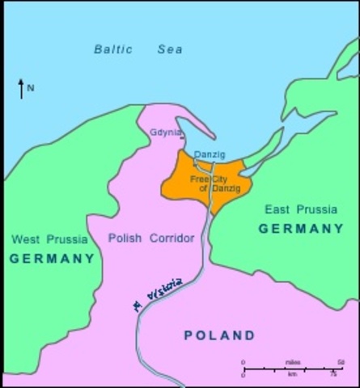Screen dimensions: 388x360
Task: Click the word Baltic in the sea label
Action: (113, 49)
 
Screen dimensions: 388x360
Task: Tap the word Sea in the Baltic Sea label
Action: (170, 49)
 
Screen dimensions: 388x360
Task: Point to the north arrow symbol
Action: (21, 88)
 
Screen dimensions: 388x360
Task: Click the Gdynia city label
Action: (166, 133)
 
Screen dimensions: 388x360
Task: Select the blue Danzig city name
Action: (210, 155)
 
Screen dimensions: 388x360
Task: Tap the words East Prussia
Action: (301, 209)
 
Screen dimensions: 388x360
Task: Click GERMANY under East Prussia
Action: (301, 229)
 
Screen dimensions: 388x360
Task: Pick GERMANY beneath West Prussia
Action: (52, 259)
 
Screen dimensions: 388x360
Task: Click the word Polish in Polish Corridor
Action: (125, 238)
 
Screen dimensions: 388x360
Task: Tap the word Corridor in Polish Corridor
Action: (171, 238)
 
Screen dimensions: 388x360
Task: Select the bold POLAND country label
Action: (219, 335)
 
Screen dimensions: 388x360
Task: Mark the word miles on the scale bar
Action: (292, 361)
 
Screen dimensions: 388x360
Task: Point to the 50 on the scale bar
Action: (341, 361)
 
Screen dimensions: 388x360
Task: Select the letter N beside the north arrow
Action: (31, 88)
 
